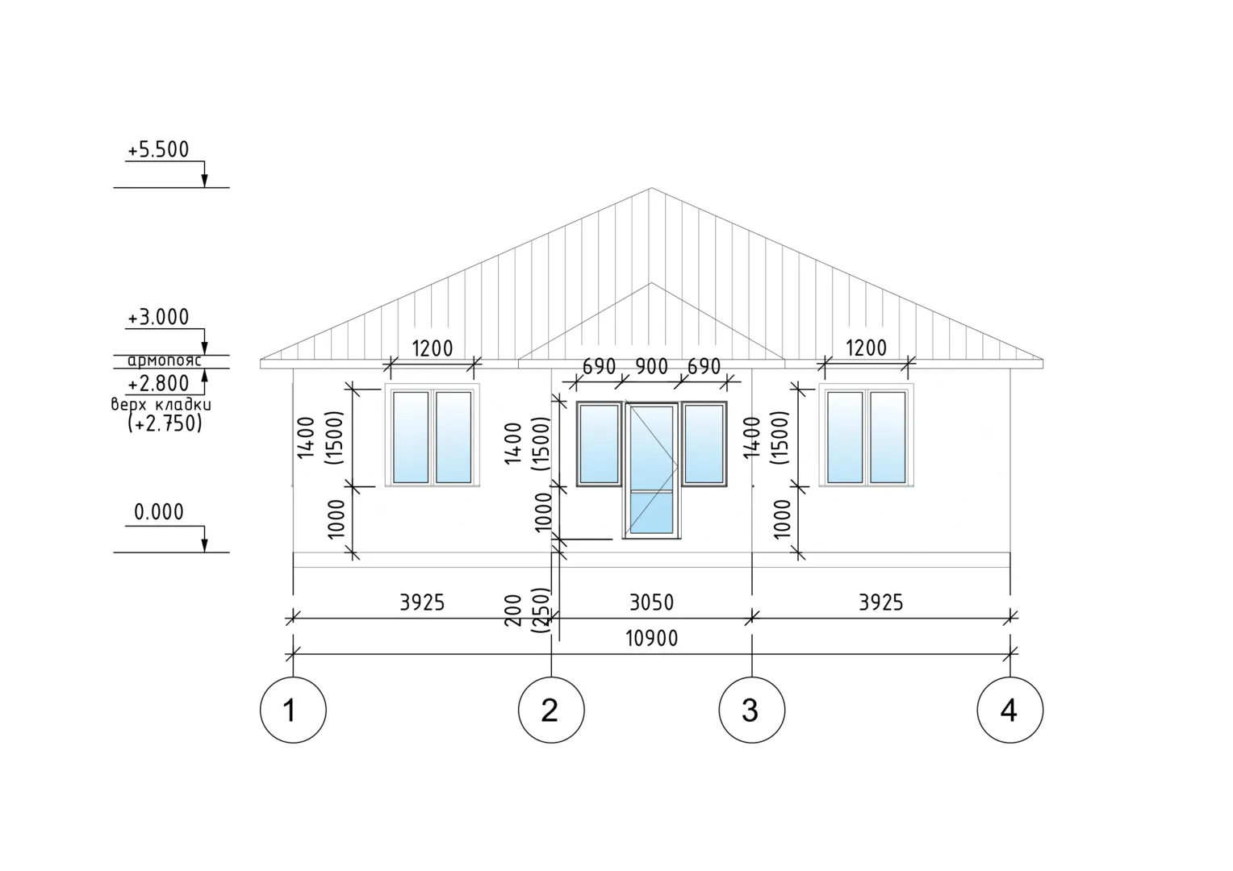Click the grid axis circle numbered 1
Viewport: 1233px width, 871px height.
click(x=293, y=710)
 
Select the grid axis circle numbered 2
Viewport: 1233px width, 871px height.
click(x=551, y=710)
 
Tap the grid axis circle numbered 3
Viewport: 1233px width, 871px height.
click(x=752, y=710)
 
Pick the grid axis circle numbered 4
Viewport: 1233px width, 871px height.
click(x=1010, y=710)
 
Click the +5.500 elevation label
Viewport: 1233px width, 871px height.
click(x=158, y=150)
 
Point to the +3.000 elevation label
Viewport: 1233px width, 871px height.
click(x=158, y=318)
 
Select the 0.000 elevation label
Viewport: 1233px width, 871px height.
click(x=159, y=512)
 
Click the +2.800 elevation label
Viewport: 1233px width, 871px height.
click(x=158, y=383)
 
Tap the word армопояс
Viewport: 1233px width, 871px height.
click(x=165, y=361)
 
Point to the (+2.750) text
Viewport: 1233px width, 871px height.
click(x=165, y=423)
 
